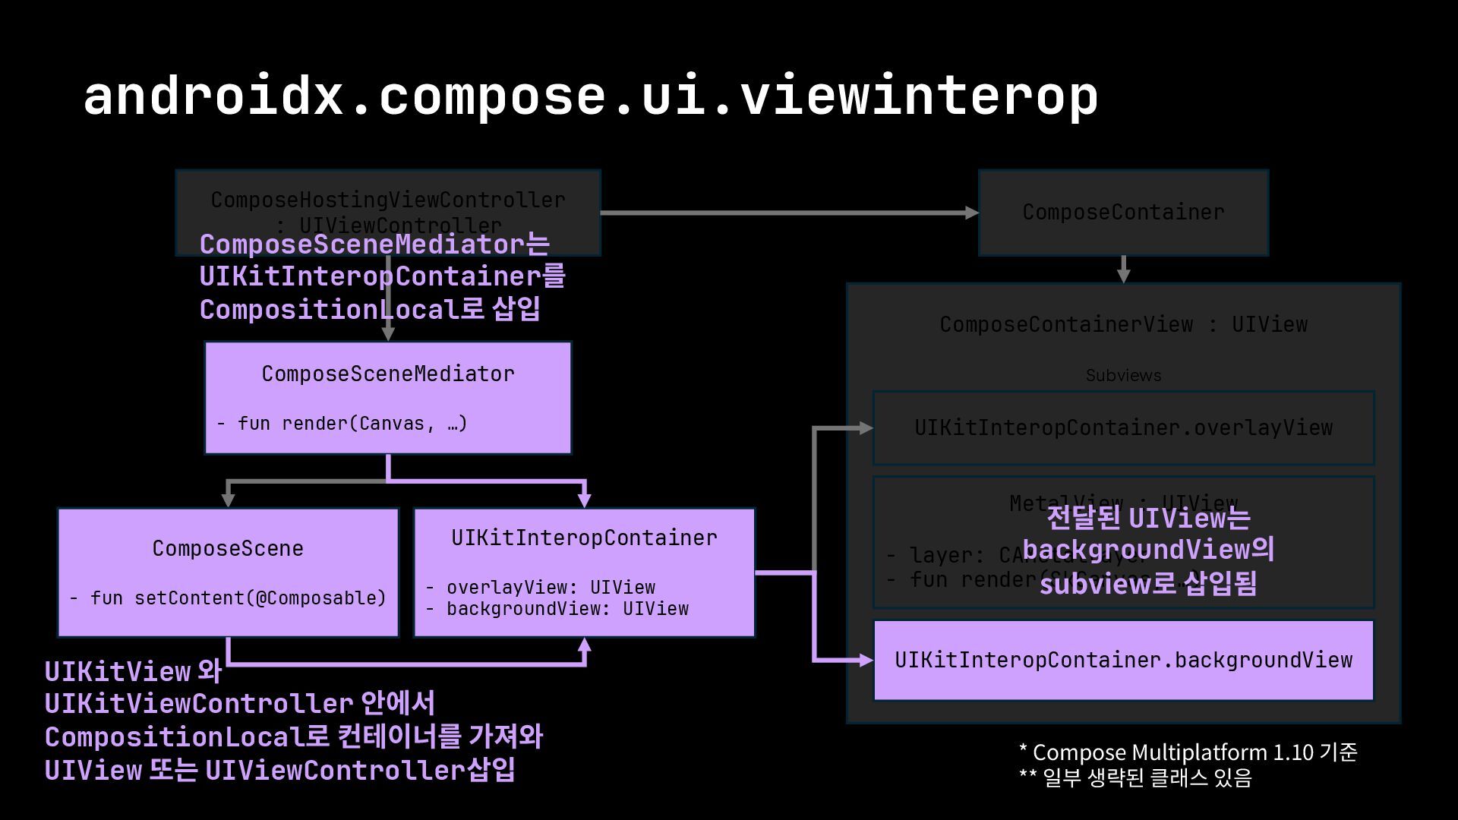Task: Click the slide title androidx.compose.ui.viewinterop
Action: coord(590,96)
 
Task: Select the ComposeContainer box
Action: coord(1123,213)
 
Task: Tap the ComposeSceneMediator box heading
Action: coord(388,374)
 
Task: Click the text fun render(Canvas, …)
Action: coord(342,424)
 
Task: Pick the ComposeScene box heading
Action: coord(228,548)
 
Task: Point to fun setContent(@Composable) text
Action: coord(228,598)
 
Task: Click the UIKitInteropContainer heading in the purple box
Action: coord(584,538)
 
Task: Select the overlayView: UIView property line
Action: coord(541,588)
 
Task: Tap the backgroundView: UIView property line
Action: coord(557,609)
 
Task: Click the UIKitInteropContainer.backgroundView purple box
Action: coord(1123,660)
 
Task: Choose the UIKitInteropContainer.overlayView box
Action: coord(1123,427)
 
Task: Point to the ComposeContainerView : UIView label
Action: coord(1123,324)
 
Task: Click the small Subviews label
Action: coord(1123,375)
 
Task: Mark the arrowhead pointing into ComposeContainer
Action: coord(971,213)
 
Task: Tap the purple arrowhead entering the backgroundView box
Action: coord(866,660)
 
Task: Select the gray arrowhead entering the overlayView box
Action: coord(866,428)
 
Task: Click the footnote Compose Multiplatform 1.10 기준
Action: coord(1188,752)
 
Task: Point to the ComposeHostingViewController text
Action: coord(388,200)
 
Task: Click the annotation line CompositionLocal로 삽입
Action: coord(370,310)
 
